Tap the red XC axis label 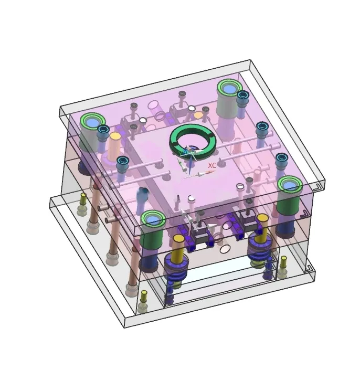tap(212, 165)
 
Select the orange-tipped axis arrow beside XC tap(206, 173)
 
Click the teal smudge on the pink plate tap(143, 192)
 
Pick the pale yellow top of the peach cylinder tap(115, 136)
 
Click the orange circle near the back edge tap(198, 115)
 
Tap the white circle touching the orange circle tap(191, 109)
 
